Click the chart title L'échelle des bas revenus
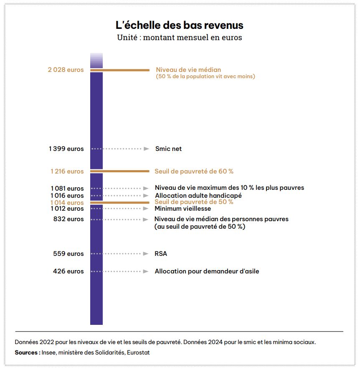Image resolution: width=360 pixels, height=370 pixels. [x=180, y=25]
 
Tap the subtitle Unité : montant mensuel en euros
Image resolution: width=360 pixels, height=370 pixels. [x=180, y=37]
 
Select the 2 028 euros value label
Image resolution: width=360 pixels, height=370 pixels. [x=66, y=70]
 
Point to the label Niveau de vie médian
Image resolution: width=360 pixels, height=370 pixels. [x=188, y=70]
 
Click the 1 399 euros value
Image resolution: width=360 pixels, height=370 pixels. [x=66, y=149]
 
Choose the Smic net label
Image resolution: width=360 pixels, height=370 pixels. [x=168, y=149]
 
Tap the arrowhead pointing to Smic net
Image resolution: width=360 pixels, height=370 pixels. [x=147, y=149]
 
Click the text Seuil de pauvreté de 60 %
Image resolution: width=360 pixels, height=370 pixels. [x=194, y=171]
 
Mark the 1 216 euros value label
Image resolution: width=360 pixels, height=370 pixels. [x=67, y=171]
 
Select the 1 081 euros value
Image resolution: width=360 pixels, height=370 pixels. [x=67, y=188]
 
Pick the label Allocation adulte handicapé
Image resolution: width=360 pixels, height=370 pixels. [x=198, y=195]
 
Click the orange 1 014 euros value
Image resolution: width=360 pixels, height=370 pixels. [x=67, y=202]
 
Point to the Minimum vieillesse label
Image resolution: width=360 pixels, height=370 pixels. [x=183, y=208]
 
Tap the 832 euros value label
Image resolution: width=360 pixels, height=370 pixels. [x=68, y=219]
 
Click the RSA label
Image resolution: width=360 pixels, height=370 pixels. [x=161, y=254]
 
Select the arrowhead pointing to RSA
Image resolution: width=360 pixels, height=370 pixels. [x=146, y=254]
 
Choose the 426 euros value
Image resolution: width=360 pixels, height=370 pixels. [x=68, y=271]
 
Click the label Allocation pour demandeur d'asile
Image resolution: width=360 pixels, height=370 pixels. [x=207, y=271]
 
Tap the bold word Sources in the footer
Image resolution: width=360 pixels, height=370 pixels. [x=26, y=352]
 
